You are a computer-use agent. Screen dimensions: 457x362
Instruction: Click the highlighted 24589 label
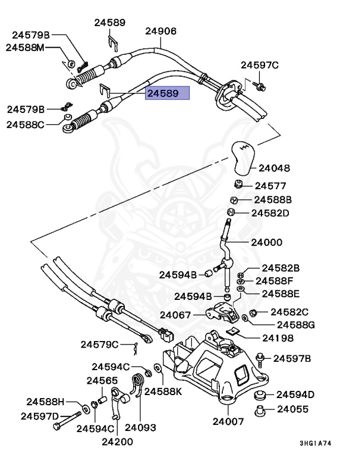tap(168, 93)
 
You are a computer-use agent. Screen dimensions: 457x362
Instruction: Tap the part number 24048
tap(275, 168)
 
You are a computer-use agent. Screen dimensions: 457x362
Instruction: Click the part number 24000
tap(266, 243)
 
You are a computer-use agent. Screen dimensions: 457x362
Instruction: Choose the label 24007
tap(228, 422)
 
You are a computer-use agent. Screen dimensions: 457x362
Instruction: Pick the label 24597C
tap(260, 65)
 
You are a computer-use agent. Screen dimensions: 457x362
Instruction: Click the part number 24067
tap(176, 316)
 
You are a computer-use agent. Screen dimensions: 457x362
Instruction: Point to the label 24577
tap(270, 186)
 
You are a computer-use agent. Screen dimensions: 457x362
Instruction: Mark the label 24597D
tap(40, 416)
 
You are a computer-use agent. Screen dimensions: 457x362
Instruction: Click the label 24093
tap(140, 427)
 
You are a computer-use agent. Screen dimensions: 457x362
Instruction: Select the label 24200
tap(117, 442)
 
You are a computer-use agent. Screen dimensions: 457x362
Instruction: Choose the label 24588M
tap(26, 48)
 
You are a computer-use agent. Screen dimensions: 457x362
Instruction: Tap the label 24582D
tap(270, 212)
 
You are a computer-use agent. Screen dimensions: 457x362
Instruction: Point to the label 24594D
tap(295, 395)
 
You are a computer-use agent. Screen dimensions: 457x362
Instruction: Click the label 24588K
tap(164, 392)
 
